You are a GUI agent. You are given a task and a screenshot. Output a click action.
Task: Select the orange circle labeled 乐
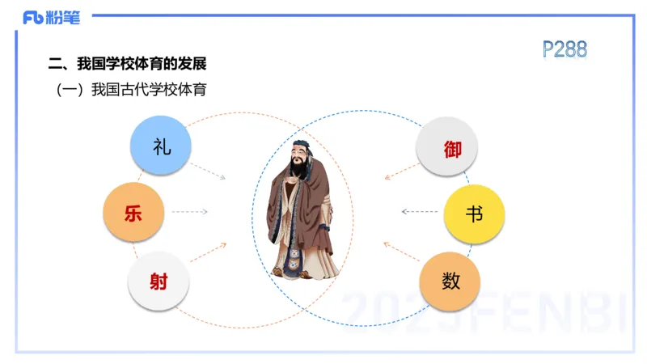(x=133, y=213)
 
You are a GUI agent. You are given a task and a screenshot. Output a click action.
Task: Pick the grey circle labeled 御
(x=446, y=148)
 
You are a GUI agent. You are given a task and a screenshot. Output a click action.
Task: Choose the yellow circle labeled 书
(x=474, y=214)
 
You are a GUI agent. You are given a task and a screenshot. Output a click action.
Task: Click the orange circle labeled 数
(x=450, y=281)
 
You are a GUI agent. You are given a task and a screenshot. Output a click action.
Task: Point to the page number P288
(x=565, y=49)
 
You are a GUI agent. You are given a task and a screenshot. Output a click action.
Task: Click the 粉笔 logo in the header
(x=52, y=18)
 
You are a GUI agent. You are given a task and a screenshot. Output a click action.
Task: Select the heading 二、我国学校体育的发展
(x=133, y=64)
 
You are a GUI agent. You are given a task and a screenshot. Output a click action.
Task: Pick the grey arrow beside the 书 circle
(x=420, y=212)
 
